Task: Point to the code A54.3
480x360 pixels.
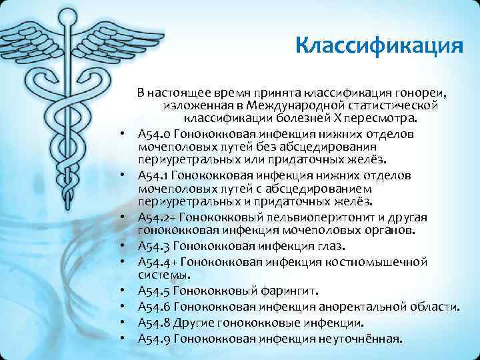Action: tap(153, 246)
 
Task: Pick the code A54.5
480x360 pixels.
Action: tap(153, 290)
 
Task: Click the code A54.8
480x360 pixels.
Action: tap(153, 323)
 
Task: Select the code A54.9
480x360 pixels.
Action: tap(153, 338)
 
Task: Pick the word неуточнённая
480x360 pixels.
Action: tap(361, 338)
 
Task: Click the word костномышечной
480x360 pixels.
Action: tap(374, 261)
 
